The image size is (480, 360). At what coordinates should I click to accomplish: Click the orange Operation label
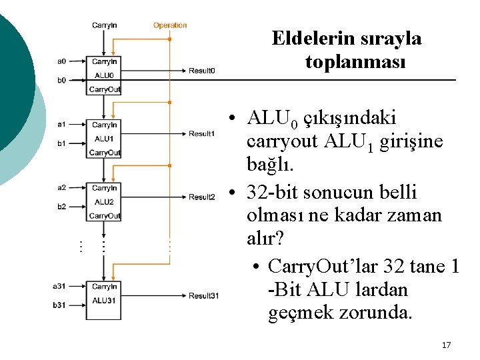coord(170,25)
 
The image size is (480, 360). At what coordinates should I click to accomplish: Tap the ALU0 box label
coord(104,76)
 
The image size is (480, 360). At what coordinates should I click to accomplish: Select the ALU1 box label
coord(104,139)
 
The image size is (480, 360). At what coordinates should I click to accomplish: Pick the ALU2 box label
coord(104,202)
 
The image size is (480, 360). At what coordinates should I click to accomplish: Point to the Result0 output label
coord(201,71)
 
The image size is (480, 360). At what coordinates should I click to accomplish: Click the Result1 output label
coord(201,134)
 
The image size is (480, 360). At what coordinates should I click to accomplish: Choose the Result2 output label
coord(201,197)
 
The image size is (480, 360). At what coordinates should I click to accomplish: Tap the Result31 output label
coord(203,296)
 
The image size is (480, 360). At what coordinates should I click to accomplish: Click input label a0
coord(61,61)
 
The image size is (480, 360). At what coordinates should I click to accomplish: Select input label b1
coord(61,143)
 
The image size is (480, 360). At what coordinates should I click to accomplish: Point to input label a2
coord(61,187)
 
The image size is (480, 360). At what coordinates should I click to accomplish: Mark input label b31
coord(60,305)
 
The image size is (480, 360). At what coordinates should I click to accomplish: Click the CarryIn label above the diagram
coord(105,25)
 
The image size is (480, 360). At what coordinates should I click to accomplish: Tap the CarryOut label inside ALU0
coord(105,89)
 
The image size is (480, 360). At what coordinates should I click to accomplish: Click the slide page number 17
coord(446,345)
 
